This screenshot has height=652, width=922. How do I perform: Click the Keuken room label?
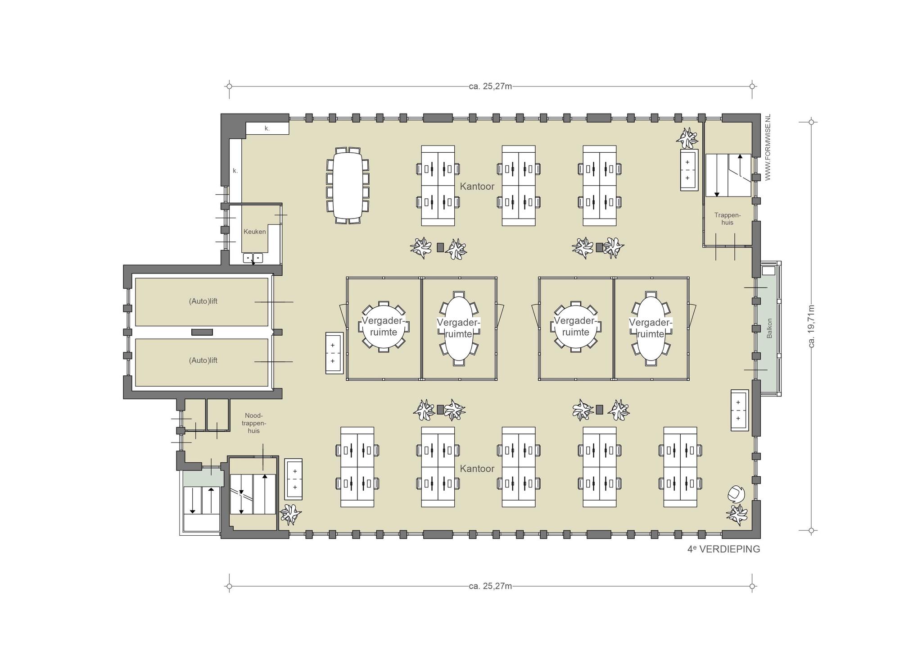point(254,232)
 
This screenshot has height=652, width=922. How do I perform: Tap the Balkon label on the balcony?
point(769,328)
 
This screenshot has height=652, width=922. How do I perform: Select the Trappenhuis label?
point(727,219)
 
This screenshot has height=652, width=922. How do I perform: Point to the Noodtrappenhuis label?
point(254,423)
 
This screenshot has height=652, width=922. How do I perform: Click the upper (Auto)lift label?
point(203,301)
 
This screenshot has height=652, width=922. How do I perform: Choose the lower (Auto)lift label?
point(203,360)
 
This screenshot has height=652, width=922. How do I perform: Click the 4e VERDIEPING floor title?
point(723,549)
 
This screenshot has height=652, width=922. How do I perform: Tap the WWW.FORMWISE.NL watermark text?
point(768,147)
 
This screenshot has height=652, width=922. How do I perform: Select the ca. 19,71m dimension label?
point(812,326)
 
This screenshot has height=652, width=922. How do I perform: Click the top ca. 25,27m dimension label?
point(490,86)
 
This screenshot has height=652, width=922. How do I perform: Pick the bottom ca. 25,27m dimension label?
point(490,586)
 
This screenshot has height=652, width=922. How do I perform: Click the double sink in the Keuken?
point(253,258)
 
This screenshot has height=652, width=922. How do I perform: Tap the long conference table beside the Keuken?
point(348,186)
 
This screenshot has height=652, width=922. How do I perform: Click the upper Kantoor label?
point(477,186)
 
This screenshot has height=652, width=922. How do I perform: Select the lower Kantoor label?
point(477,469)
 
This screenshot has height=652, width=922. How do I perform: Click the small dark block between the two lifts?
point(202,332)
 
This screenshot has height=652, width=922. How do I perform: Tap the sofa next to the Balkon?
point(739,410)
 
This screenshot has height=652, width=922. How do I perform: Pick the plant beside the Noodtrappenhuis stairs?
point(290,514)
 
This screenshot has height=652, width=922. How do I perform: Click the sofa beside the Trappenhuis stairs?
point(689,170)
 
